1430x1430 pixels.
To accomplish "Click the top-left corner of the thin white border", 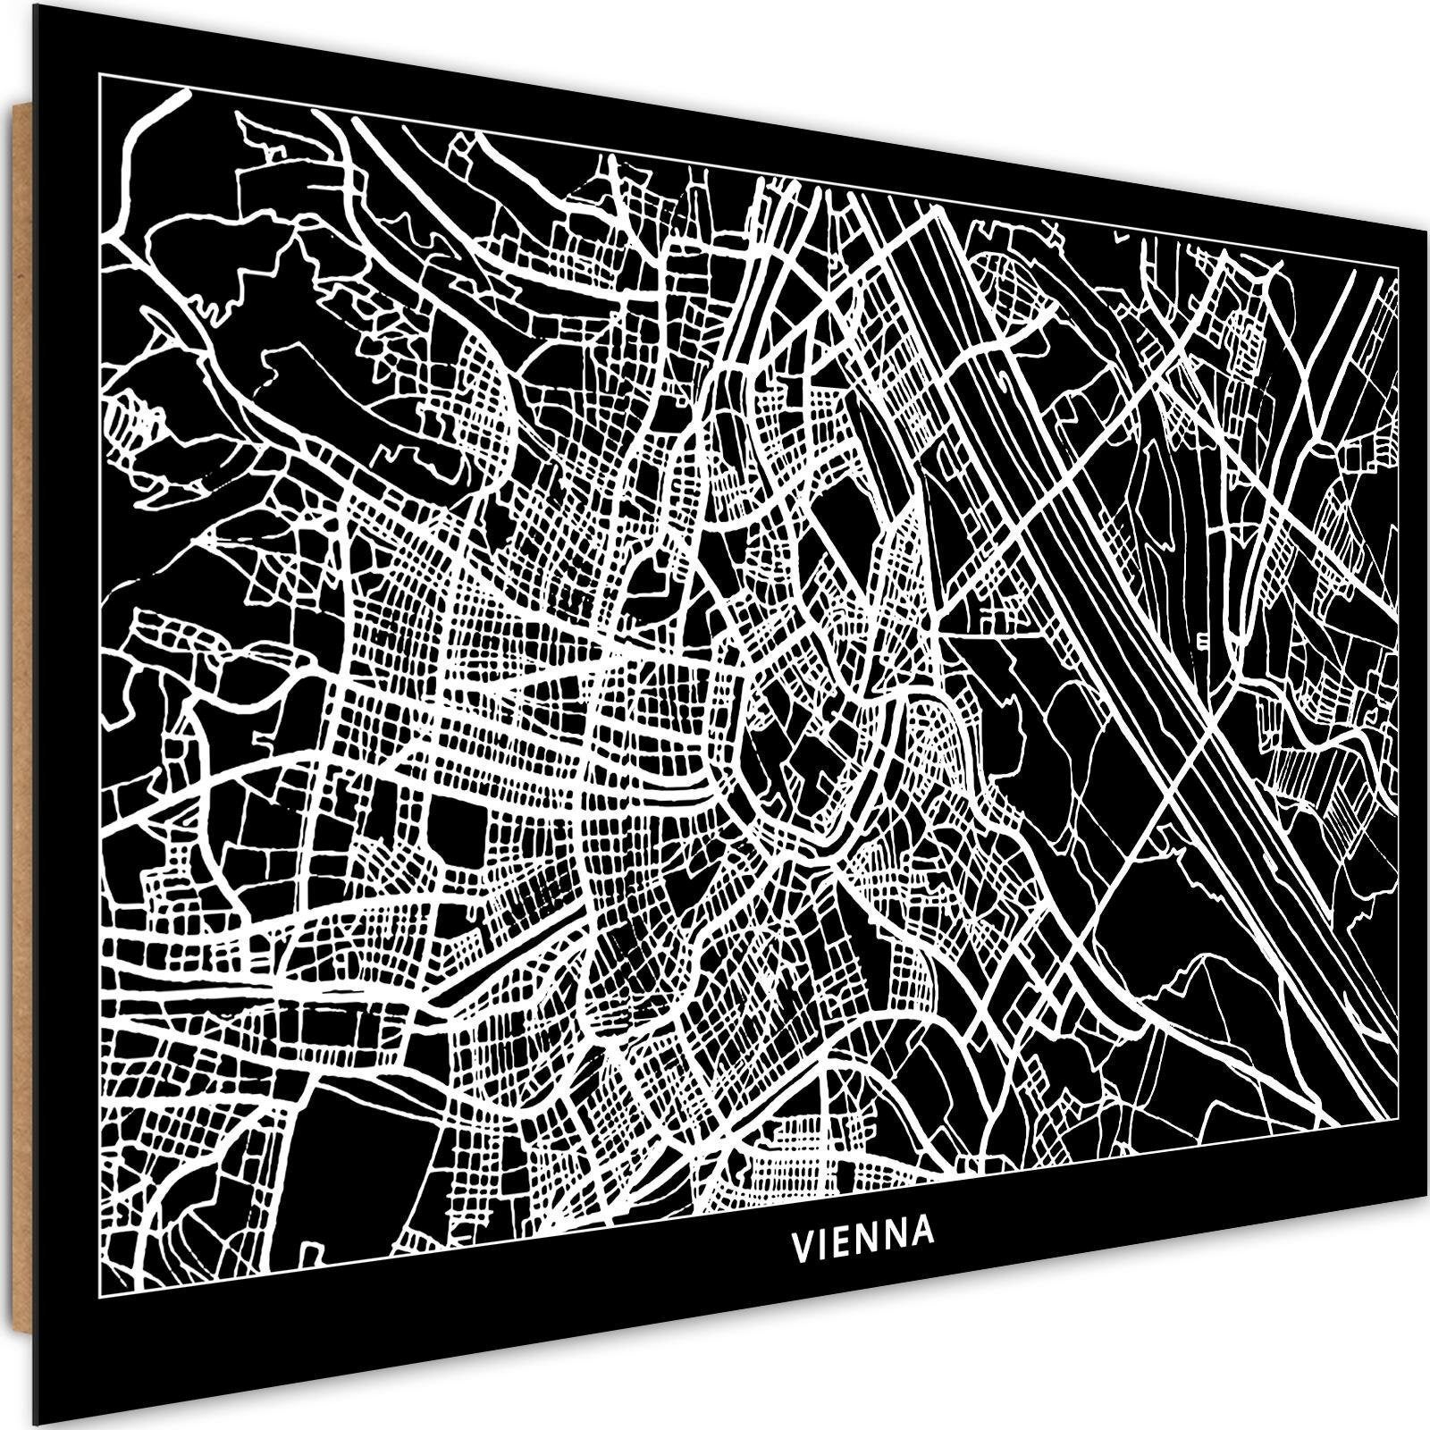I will (97, 75).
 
